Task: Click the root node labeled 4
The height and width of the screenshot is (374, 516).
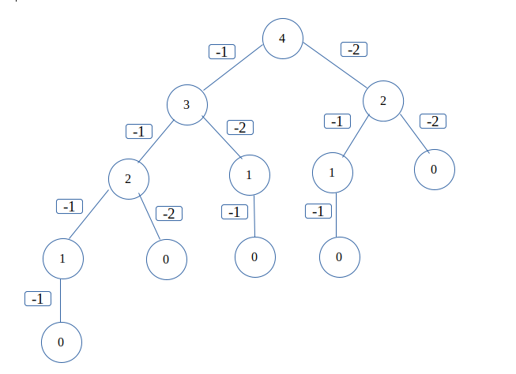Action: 283,38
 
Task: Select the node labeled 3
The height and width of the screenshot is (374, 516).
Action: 186,104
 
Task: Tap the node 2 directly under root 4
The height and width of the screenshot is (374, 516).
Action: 383,102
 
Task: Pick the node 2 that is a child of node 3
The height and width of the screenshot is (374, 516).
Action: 128,178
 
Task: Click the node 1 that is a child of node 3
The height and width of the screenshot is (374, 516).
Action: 249,174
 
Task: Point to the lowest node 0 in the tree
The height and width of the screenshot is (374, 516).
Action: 62,342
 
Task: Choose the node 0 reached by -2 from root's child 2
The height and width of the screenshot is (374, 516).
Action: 435,170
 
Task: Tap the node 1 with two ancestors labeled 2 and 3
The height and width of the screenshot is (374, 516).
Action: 62,259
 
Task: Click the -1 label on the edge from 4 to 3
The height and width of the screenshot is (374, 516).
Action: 223,52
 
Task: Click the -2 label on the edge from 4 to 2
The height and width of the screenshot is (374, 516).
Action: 354,49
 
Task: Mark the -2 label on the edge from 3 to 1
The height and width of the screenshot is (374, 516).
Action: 240,127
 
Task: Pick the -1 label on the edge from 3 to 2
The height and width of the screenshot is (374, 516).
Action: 138,132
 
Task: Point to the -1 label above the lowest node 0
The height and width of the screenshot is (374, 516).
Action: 38,299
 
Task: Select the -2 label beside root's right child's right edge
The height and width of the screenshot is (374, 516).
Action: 433,122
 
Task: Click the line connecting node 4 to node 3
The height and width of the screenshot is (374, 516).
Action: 234,70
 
